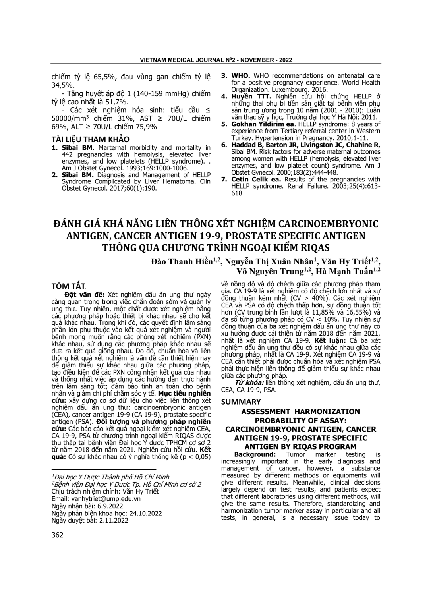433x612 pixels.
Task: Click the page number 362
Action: (x=58, y=535)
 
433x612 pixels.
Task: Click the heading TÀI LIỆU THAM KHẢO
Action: (x=91, y=139)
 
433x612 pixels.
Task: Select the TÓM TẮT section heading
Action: (x=69, y=286)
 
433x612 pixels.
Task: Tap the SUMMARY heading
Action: (x=241, y=402)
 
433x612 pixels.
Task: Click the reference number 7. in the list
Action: (x=224, y=180)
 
